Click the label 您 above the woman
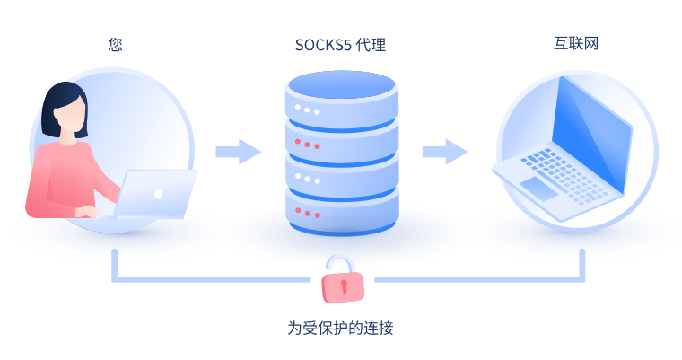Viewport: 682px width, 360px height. pos(114,43)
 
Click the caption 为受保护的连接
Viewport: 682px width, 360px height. pos(340,328)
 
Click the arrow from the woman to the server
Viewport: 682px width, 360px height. pos(237,151)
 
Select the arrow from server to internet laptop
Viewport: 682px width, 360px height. pos(445,151)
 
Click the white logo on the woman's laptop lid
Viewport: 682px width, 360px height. pos(159,193)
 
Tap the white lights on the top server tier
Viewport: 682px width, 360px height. pos(309,110)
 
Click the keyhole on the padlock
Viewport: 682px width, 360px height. pos(342,286)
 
